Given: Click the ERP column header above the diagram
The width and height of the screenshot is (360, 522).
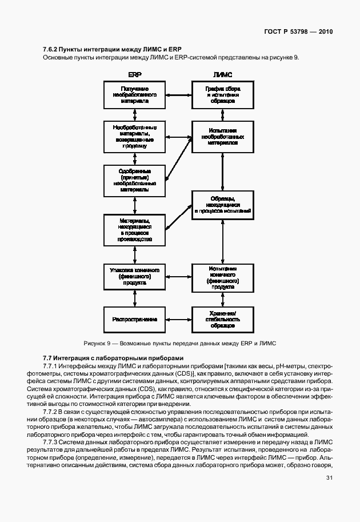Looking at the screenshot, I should click(135, 74).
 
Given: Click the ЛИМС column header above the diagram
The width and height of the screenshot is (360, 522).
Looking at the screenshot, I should click(222, 74).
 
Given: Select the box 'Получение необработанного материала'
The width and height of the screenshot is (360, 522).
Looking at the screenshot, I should click(134, 94).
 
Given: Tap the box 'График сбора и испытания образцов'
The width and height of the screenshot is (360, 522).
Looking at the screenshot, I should click(222, 94).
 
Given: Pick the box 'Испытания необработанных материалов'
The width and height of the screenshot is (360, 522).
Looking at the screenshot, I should click(222, 137).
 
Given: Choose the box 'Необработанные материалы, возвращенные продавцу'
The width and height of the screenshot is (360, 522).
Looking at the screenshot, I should click(134, 137).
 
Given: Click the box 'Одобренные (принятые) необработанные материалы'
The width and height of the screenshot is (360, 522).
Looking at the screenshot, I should click(134, 180).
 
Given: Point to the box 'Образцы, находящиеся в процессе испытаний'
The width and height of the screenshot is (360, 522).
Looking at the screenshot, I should click(222, 204).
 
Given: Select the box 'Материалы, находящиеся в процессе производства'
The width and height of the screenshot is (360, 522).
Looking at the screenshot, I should click(134, 230).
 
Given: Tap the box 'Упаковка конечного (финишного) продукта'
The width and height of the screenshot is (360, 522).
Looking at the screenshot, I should click(134, 276).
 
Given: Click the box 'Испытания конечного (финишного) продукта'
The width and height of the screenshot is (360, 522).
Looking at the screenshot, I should click(222, 277).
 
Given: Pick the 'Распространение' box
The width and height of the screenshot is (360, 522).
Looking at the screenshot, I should click(134, 319).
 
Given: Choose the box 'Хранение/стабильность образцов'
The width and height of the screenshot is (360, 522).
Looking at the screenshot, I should click(222, 319).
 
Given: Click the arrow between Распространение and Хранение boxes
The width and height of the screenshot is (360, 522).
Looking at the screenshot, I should click(178, 319).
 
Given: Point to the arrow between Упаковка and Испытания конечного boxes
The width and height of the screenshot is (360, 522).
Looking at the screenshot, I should click(178, 277).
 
